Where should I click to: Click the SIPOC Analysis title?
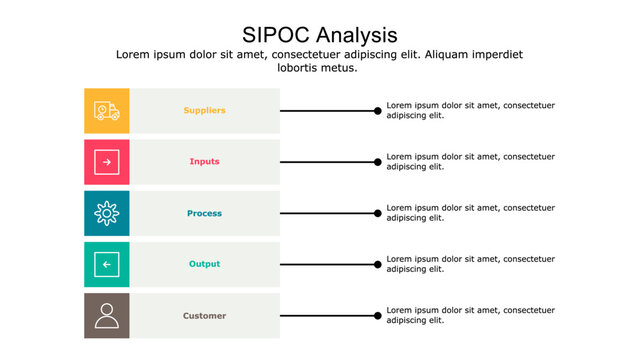[x=319, y=35]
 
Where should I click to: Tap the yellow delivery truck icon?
[x=107, y=110]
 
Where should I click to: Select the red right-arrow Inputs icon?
[x=107, y=161]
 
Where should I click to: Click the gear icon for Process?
[x=107, y=213]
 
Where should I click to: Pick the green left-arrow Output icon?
[x=107, y=264]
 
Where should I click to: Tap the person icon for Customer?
[x=107, y=316]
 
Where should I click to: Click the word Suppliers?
[x=204, y=110]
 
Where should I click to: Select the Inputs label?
[x=204, y=161]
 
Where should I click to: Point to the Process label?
[x=204, y=213]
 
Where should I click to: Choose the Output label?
[x=204, y=264]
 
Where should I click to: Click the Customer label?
[x=204, y=316]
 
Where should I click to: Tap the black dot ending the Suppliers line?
[x=378, y=110]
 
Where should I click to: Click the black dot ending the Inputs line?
[x=378, y=161]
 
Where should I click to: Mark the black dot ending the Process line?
[x=378, y=213]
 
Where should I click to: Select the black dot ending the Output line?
[x=378, y=264]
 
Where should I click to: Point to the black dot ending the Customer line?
[x=378, y=316]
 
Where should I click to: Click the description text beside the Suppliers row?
[x=470, y=110]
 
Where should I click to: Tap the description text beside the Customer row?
[x=470, y=316]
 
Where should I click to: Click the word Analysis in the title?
[x=354, y=35]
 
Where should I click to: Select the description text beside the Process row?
[x=470, y=213]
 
